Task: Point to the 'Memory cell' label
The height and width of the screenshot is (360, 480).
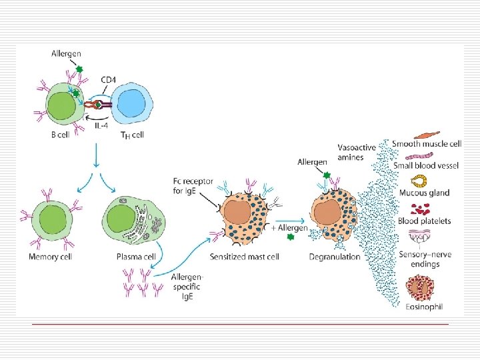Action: click(51, 257)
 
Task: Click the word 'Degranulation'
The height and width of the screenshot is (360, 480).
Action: click(335, 257)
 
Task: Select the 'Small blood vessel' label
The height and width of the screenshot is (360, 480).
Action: click(425, 165)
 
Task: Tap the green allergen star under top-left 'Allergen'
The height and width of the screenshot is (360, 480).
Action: click(79, 68)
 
